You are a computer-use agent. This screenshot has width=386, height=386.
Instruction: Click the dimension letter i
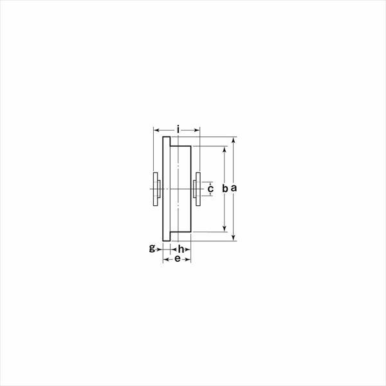(178, 129)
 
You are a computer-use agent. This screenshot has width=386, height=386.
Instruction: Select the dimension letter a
(234, 188)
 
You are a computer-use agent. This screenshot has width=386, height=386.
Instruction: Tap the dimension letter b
(225, 188)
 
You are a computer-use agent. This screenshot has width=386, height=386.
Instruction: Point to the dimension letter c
(210, 188)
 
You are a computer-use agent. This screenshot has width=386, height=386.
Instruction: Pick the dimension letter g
(152, 248)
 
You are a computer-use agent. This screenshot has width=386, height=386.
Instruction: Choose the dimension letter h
(181, 249)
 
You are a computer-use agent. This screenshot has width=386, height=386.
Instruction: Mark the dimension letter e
(178, 259)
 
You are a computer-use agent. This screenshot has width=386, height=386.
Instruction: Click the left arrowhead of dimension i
(156, 130)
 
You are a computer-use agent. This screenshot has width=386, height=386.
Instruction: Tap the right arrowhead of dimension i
(197, 130)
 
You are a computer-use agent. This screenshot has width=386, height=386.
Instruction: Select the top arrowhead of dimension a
(234, 140)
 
